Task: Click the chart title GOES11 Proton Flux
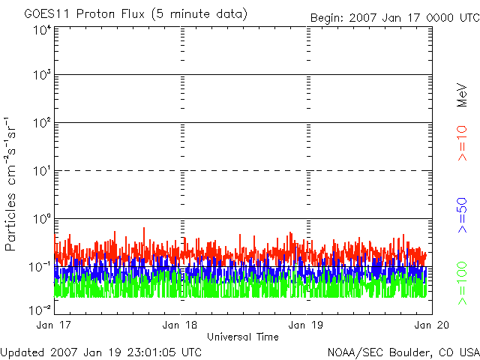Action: coord(136,14)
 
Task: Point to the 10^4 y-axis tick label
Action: coord(42,29)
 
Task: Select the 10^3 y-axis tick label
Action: coord(42,75)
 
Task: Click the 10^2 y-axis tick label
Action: coord(42,122)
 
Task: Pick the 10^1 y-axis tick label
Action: coord(42,170)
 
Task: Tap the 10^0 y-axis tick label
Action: coord(42,218)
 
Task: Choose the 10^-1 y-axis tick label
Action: coord(40,266)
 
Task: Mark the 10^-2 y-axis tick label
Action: coord(40,309)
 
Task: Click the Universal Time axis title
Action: coord(243,337)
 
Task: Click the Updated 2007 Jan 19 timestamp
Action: coord(101,351)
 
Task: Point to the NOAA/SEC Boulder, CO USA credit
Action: coord(403,351)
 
